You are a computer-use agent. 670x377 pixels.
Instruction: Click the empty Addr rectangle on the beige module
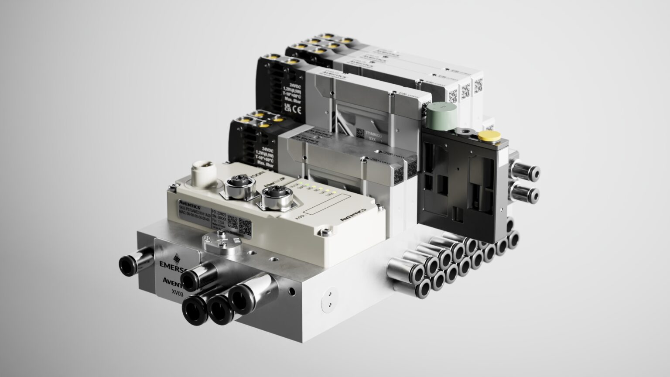[327, 206]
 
